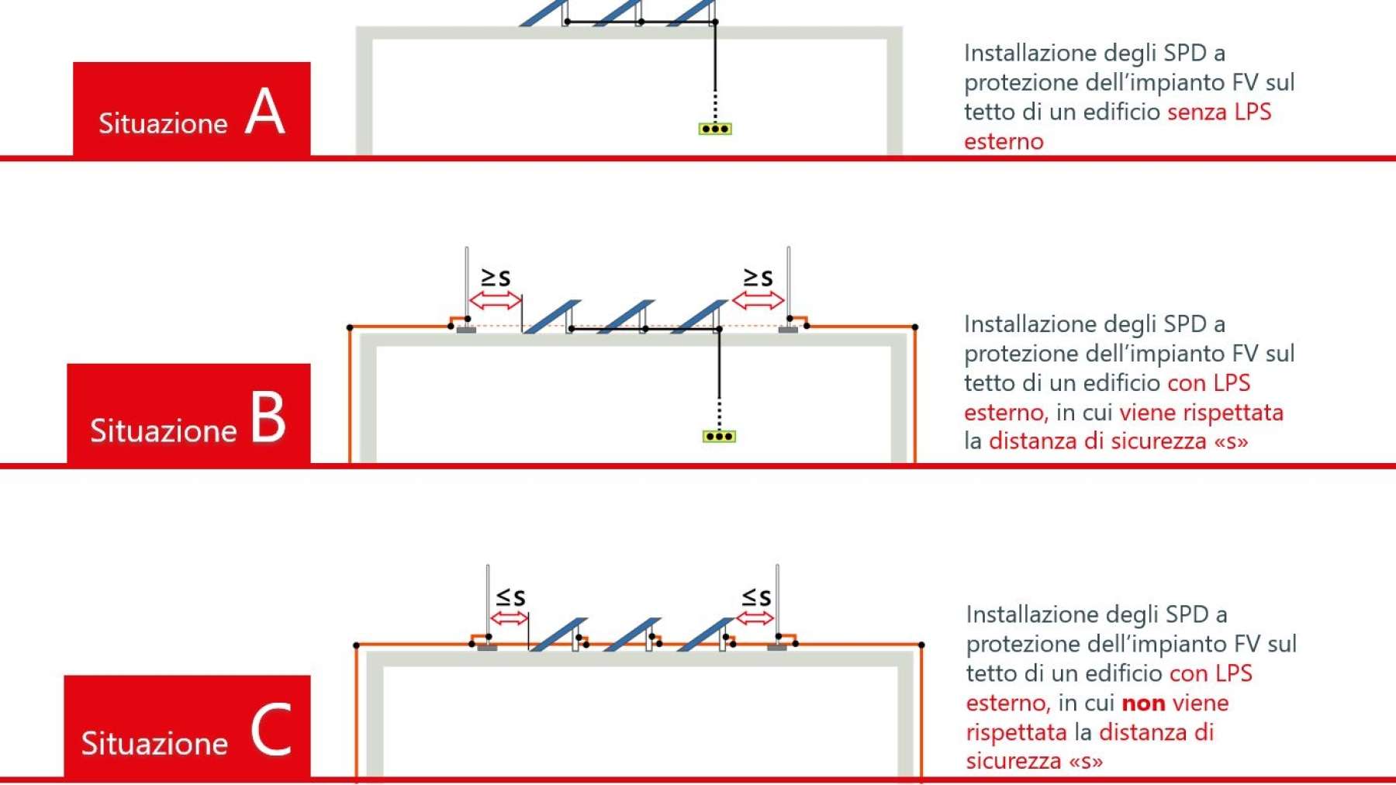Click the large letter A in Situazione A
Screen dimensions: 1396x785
point(265,112)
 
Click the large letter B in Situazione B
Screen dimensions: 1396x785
point(268,416)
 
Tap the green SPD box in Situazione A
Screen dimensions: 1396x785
point(715,129)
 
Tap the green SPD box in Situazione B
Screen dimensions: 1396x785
point(719,437)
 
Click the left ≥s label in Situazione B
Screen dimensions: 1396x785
point(496,277)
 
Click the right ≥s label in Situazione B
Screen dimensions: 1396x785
point(758,277)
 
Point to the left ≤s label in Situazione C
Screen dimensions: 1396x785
point(510,597)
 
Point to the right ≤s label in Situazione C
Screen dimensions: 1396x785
point(756,597)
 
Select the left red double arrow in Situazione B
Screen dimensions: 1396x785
point(496,300)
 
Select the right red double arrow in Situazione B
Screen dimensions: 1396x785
point(758,300)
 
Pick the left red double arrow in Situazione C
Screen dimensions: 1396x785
point(510,618)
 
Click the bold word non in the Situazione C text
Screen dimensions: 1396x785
point(1143,704)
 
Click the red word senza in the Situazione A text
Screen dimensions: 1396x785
point(1197,112)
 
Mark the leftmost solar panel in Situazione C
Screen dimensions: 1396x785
point(558,635)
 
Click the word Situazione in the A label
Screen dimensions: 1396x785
point(163,123)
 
